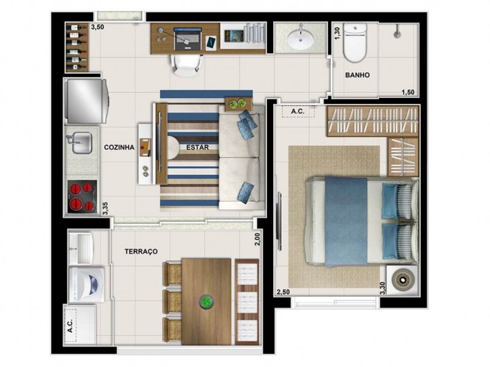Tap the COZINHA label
(x=119, y=147)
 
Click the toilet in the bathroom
(x=355, y=43)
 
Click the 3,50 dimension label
(x=97, y=28)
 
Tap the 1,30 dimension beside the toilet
(x=337, y=34)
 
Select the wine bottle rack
(x=76, y=48)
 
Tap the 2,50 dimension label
(x=282, y=292)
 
